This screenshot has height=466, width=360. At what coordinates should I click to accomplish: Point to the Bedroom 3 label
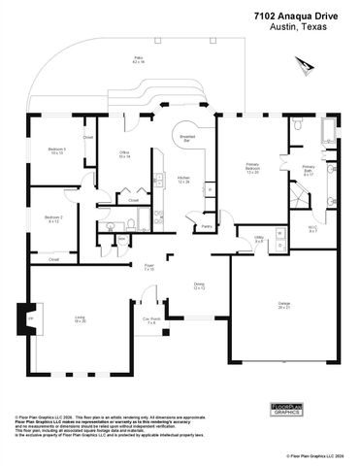pos(57,150)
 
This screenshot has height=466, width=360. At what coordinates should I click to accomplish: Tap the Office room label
pos(125,153)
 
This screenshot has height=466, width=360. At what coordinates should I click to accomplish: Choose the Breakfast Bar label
pos(187,140)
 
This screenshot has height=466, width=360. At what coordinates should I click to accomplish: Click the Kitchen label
pos(183,180)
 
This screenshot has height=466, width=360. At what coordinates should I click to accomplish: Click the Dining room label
pos(199,285)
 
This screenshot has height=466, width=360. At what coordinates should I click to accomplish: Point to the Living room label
pos(81,319)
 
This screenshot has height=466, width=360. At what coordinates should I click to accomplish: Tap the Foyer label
pos(149,267)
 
